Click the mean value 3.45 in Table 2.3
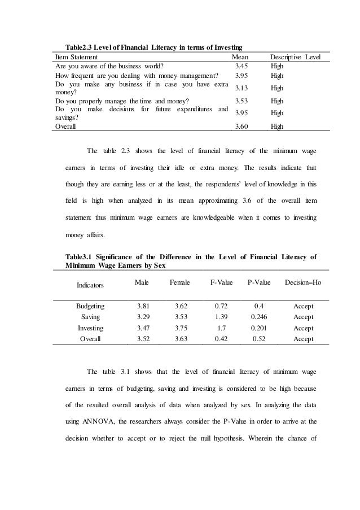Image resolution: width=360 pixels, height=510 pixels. (241, 66)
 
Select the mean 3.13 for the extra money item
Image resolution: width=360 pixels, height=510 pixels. (241, 88)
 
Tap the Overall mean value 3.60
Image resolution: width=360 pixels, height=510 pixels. (241, 127)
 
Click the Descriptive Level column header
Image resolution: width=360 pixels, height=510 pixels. (295, 57)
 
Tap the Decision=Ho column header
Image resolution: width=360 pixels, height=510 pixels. (303, 281)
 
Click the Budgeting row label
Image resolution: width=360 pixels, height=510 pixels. (90, 306)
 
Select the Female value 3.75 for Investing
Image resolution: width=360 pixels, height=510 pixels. (179, 328)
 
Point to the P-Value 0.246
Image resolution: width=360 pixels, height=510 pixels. (259, 317)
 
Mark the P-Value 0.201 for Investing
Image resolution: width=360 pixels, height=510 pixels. (259, 328)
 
